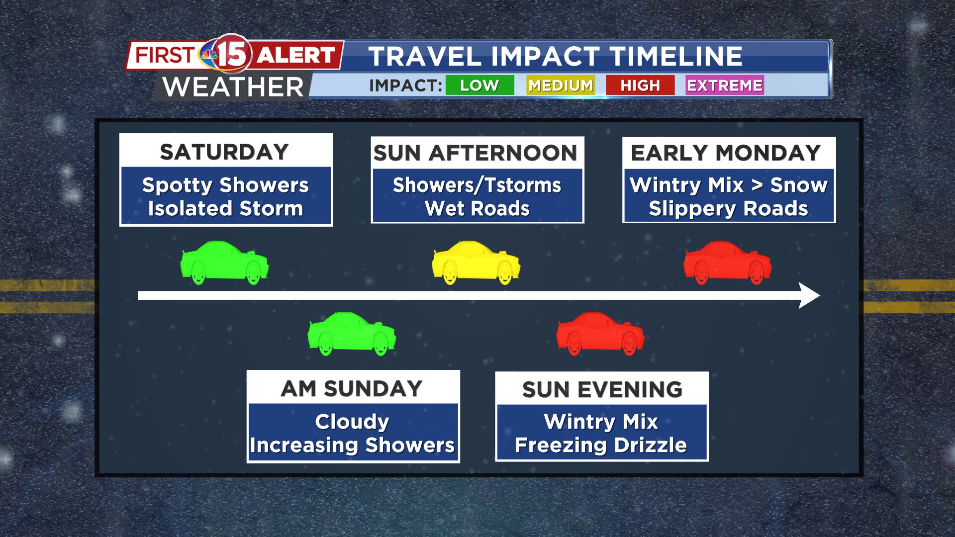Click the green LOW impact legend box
(x=479, y=85)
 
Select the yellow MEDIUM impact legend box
(x=560, y=85)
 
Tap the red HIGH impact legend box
(x=640, y=85)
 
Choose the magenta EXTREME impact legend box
(x=724, y=85)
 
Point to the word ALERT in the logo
(x=296, y=55)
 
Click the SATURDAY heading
(x=224, y=152)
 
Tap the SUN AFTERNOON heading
(x=476, y=153)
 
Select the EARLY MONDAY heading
(x=726, y=153)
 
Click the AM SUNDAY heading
(x=352, y=389)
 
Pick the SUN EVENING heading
(x=602, y=390)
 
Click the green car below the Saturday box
(x=224, y=263)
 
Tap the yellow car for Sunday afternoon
(x=476, y=263)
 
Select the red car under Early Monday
(x=728, y=263)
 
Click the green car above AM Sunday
(x=352, y=334)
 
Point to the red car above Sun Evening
(x=600, y=334)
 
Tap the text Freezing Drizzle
(x=601, y=445)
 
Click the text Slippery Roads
(x=729, y=209)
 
